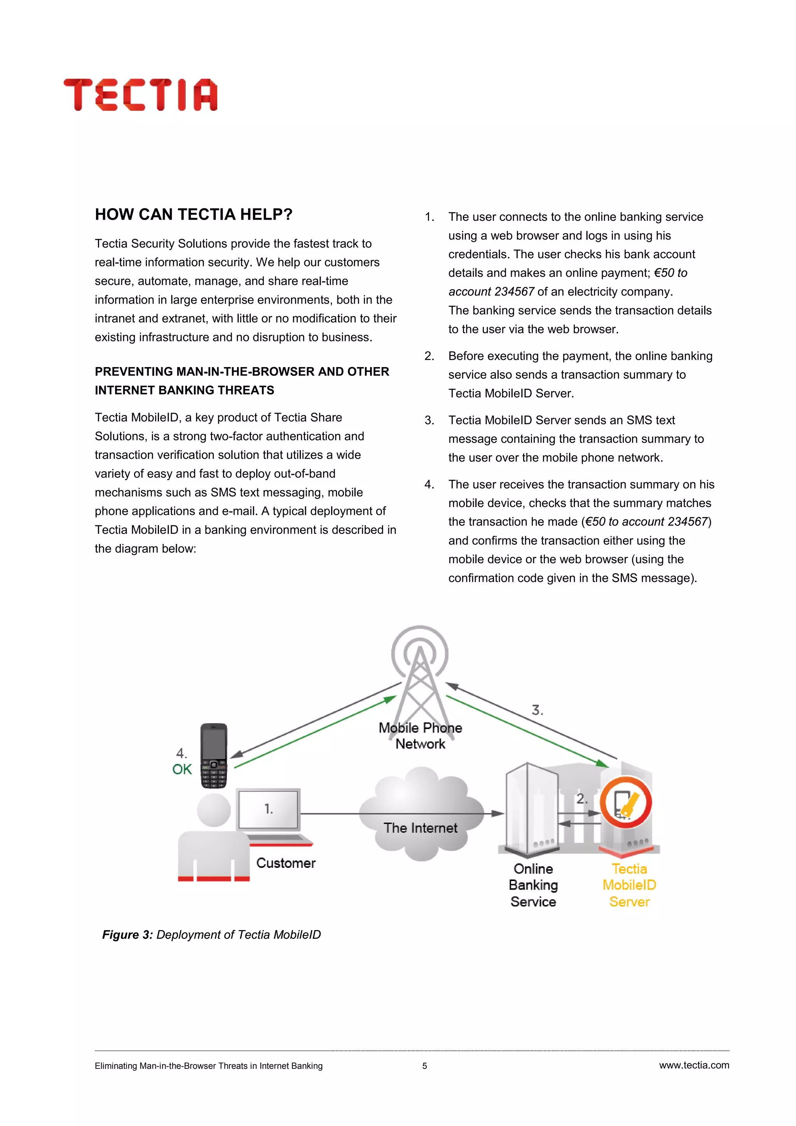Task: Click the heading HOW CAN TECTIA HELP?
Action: tap(194, 214)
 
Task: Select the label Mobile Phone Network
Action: tap(420, 736)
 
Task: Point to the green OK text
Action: tap(182, 769)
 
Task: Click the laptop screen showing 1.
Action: tap(268, 809)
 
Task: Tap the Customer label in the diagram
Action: tap(286, 863)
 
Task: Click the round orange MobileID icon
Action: tap(625, 803)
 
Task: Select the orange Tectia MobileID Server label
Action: tap(629, 885)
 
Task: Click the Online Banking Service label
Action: tap(533, 885)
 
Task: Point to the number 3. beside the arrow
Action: tap(537, 710)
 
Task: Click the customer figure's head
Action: tap(214, 810)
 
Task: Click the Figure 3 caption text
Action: tap(211, 935)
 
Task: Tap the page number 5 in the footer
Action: tap(424, 1066)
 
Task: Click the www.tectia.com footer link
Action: tap(693, 1065)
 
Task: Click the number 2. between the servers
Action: tap(581, 799)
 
